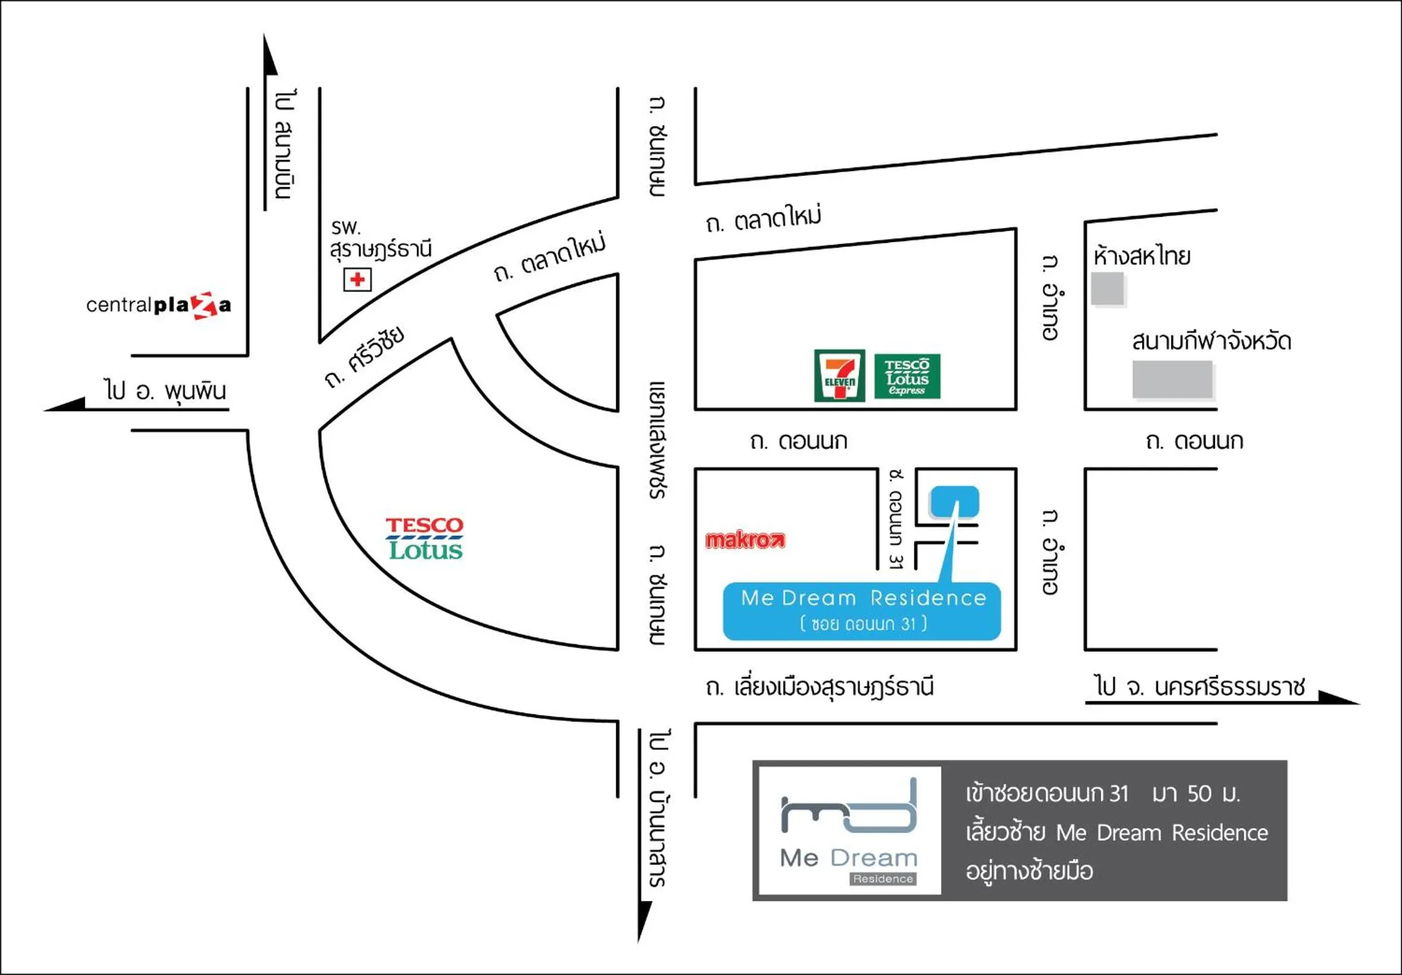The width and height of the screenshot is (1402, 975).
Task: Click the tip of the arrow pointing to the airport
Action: click(x=264, y=34)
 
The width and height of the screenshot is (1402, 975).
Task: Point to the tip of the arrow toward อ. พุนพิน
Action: click(x=44, y=410)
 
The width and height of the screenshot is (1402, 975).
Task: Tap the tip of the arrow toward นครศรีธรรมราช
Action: click(x=1359, y=703)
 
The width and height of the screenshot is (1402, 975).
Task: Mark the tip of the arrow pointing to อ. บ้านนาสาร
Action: click(x=639, y=942)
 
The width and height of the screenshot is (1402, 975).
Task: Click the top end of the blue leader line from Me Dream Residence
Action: click(x=957, y=502)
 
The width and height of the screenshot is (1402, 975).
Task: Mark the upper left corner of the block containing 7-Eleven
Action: click(x=695, y=260)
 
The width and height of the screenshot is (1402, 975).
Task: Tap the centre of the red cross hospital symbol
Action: click(x=357, y=280)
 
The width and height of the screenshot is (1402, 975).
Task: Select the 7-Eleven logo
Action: click(x=839, y=375)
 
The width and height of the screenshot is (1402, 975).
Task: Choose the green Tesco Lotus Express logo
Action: click(x=907, y=376)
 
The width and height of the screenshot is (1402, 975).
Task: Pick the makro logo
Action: click(x=745, y=540)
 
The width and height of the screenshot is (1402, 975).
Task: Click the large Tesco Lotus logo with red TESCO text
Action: click(x=425, y=539)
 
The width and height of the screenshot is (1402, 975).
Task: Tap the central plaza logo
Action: click(x=159, y=305)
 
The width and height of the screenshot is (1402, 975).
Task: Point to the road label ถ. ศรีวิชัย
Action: click(x=365, y=357)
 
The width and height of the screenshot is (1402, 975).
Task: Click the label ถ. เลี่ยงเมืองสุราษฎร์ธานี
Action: click(x=819, y=687)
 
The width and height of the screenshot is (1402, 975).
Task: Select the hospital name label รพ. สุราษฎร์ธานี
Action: click(x=381, y=239)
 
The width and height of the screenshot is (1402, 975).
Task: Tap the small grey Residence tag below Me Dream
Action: click(x=883, y=879)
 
